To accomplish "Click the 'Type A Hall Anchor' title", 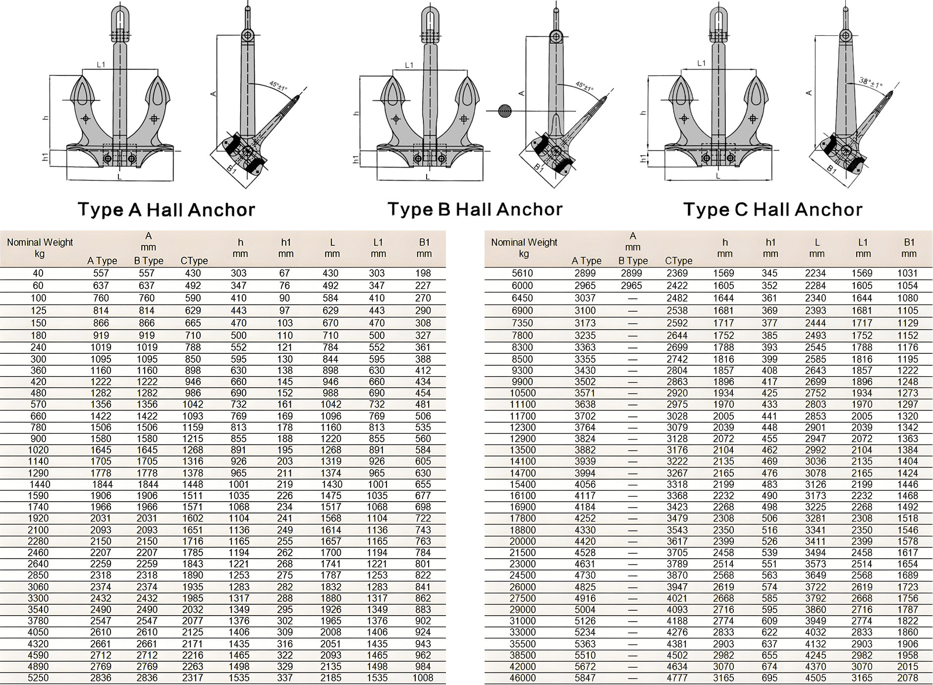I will coord(166,210).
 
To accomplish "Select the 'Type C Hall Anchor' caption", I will coord(772,210).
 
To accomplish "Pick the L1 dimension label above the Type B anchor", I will coord(409,65).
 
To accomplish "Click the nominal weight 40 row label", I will coord(38,273).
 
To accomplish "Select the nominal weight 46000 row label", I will coord(522,678).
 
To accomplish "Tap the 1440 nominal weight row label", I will coord(40,484).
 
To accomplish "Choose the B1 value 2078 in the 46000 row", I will coord(908,678).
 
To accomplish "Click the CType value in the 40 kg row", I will coord(193,273).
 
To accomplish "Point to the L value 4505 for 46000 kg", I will coord(816,678).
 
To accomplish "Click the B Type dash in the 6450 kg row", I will coord(632,298).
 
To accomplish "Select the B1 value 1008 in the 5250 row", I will coord(423,678).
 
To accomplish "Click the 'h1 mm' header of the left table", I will coord(286,248).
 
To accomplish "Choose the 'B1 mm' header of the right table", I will coord(909,248).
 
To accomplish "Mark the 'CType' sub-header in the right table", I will coord(678,261).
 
